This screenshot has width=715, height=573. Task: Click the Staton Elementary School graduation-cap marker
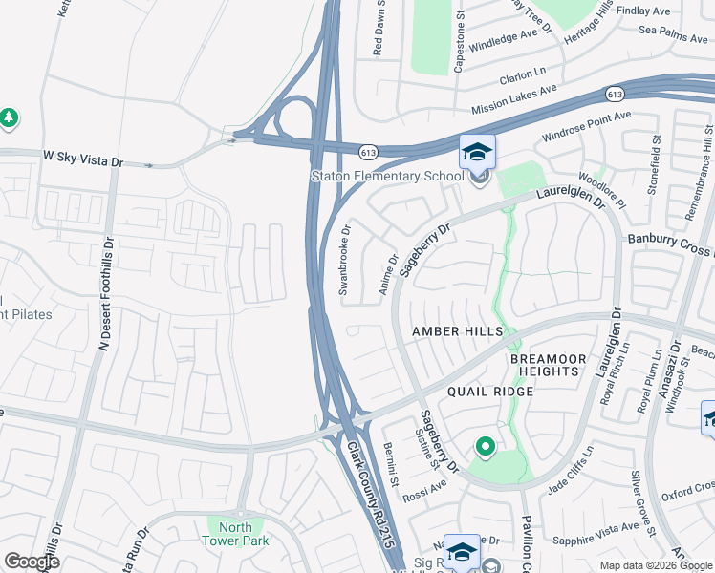(478, 152)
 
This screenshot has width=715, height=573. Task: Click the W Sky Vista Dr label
(83, 156)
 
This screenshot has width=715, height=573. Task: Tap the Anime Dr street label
(391, 274)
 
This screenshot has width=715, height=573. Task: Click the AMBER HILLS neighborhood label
(457, 330)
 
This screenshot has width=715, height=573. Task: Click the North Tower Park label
(236, 534)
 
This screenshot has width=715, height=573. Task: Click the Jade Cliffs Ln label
(571, 471)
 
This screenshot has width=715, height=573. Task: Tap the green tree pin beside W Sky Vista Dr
(9, 117)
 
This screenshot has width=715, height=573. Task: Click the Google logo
(32, 562)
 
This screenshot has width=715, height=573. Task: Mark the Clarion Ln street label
(520, 72)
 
